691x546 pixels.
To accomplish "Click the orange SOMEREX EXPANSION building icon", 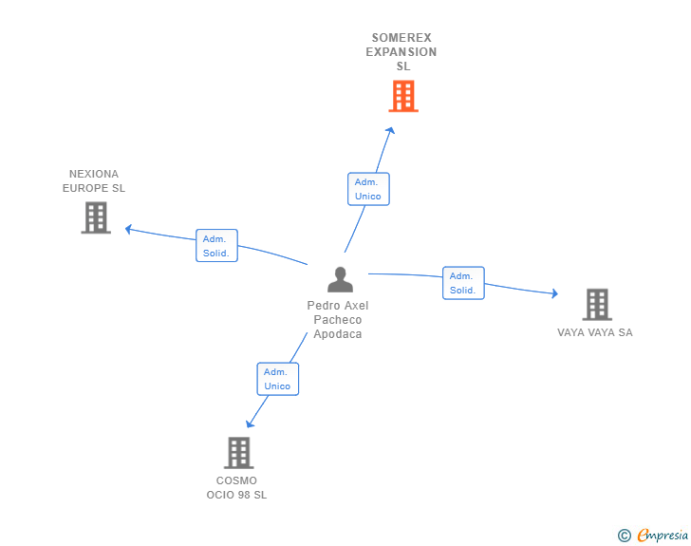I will coord(403,96).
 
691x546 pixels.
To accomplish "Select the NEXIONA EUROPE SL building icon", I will coord(96,217).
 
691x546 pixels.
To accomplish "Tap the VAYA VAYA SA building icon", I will coord(596,304).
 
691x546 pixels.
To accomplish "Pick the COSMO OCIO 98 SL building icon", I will coord(238,453).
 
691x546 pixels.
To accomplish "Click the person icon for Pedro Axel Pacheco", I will coord(340,280).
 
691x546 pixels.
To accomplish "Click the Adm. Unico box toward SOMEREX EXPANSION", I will coord(368,189).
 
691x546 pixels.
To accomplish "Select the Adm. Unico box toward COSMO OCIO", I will coord(277,379).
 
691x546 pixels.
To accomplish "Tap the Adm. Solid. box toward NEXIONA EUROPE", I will coord(216,246).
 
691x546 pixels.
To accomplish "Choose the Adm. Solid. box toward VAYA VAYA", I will coord(463,283).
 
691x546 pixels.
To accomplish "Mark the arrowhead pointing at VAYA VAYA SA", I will coord(554,294).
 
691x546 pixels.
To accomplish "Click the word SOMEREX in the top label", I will coord(402,38).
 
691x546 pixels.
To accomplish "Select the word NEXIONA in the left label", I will coord(94,174).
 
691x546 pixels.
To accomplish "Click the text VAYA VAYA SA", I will coord(595,332).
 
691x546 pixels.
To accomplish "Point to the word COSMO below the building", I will coord(236,480).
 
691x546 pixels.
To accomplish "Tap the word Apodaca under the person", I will coord(338,334).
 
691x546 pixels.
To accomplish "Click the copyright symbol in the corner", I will coord(625,536).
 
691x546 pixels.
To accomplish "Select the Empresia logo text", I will coord(663,536).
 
